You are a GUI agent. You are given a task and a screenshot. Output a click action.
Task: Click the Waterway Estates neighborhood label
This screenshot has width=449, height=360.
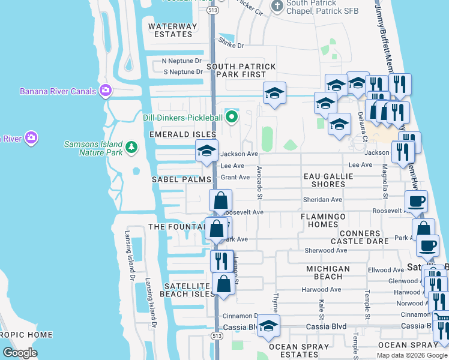[172, 30]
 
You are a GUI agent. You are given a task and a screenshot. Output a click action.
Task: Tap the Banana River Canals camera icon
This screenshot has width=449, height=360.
[106, 91]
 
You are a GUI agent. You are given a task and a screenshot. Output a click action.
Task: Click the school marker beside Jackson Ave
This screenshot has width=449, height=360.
[206, 151]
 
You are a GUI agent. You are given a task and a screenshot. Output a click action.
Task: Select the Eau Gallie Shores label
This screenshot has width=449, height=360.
[328, 180]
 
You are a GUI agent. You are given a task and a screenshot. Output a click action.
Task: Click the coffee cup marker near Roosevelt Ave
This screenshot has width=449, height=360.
[415, 202]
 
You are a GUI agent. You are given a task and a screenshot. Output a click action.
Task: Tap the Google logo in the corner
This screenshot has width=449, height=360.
[19, 352]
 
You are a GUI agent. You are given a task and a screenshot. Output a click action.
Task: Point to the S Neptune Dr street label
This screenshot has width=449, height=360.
[183, 72]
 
